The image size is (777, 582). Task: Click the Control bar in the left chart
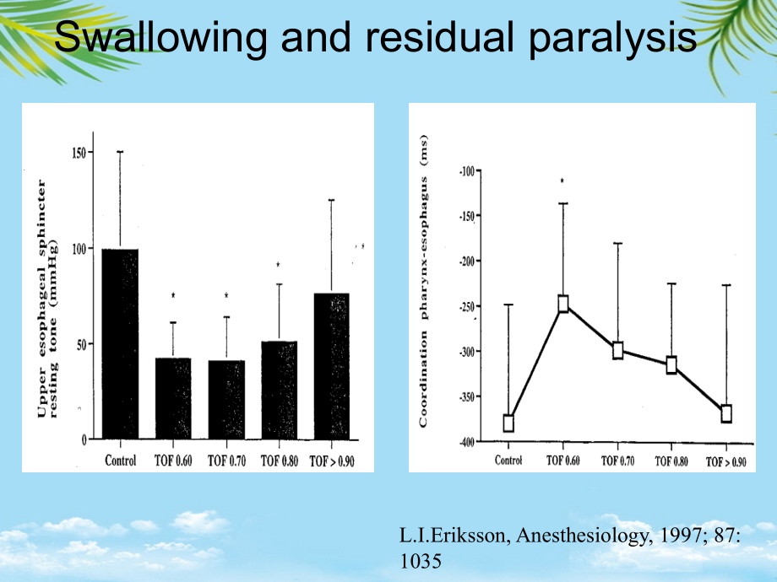[121, 344]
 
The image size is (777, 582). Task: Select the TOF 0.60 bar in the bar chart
[173, 398]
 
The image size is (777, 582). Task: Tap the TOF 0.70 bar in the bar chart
[226, 400]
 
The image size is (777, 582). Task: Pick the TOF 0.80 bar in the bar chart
[280, 390]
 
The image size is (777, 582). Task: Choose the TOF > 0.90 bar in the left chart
[332, 366]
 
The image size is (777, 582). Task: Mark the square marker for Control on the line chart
[508, 423]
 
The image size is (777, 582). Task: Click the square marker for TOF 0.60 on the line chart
[563, 304]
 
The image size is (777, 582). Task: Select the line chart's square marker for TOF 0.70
[618, 350]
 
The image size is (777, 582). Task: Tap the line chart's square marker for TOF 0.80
[671, 365]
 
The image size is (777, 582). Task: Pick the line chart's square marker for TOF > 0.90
[726, 413]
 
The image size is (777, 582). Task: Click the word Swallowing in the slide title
[160, 38]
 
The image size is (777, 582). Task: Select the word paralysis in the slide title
[612, 39]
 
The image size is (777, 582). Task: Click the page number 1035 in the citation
[421, 561]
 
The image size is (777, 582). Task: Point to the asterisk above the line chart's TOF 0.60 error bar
[562, 181]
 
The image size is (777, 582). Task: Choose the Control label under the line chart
[508, 461]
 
